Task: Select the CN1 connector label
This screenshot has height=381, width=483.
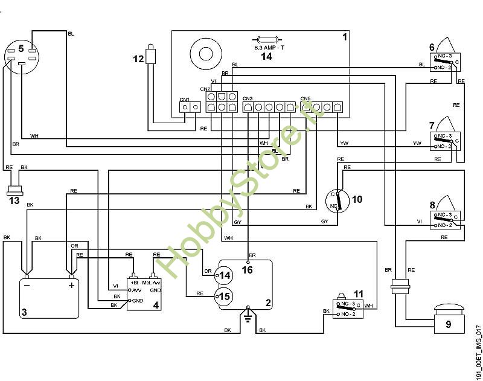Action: pos(185,100)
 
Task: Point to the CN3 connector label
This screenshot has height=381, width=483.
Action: pos(248,98)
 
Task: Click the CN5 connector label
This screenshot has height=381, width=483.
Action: pos(305,98)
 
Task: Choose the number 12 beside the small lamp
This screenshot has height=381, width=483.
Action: pos(138,58)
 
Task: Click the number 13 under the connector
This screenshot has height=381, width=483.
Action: pos(14,200)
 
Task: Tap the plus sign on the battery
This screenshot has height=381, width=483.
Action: pos(71,285)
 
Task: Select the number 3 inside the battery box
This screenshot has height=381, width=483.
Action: pos(24,312)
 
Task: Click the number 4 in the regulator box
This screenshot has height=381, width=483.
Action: pos(156,306)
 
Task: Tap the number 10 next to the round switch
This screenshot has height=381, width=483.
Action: pos(357,199)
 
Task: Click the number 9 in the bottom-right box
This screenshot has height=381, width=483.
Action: pos(447,324)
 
